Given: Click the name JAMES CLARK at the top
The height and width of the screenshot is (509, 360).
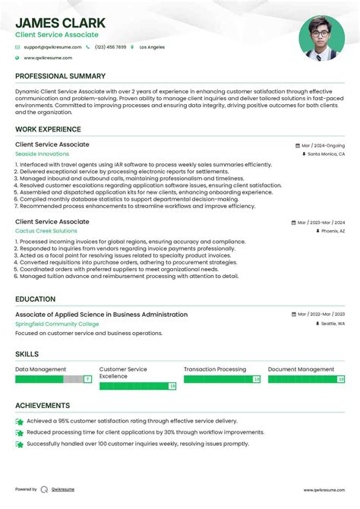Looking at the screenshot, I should tap(60, 23).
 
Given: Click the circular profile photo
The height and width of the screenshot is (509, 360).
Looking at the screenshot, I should tap(321, 38).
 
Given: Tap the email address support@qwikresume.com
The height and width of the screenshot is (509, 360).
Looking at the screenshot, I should tap(52, 47).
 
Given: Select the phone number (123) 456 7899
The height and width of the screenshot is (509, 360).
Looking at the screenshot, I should tap(110, 47).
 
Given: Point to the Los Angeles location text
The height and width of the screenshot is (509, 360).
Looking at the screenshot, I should tap(152, 47).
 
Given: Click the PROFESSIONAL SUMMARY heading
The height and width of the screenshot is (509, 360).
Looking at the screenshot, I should tap(60, 77).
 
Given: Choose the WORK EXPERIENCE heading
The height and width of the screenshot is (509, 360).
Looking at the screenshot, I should tap(48, 129).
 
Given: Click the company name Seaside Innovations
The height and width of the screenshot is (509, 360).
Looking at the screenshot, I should tap(42, 153).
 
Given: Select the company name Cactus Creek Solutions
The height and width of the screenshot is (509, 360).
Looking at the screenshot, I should tap(46, 231).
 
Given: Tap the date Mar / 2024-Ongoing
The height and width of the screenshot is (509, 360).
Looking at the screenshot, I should tap(322, 145).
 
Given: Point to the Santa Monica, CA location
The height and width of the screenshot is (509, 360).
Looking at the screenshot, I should tap(326, 153).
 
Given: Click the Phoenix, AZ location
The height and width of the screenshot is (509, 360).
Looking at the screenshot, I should tap(333, 231).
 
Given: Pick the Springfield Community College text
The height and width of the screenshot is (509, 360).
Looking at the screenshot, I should tap(57, 324).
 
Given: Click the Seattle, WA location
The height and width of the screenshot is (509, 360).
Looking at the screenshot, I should tap(333, 324).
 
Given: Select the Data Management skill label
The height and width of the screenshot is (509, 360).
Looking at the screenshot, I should tap(40, 369).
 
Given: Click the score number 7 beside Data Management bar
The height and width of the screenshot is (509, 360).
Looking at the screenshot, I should tap(88, 378).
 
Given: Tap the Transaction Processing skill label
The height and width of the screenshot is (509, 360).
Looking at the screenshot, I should tap(215, 369).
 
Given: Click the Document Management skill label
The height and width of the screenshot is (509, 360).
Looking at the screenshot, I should tap(301, 369).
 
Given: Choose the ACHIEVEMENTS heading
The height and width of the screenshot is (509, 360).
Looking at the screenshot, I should tap(43, 406).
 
